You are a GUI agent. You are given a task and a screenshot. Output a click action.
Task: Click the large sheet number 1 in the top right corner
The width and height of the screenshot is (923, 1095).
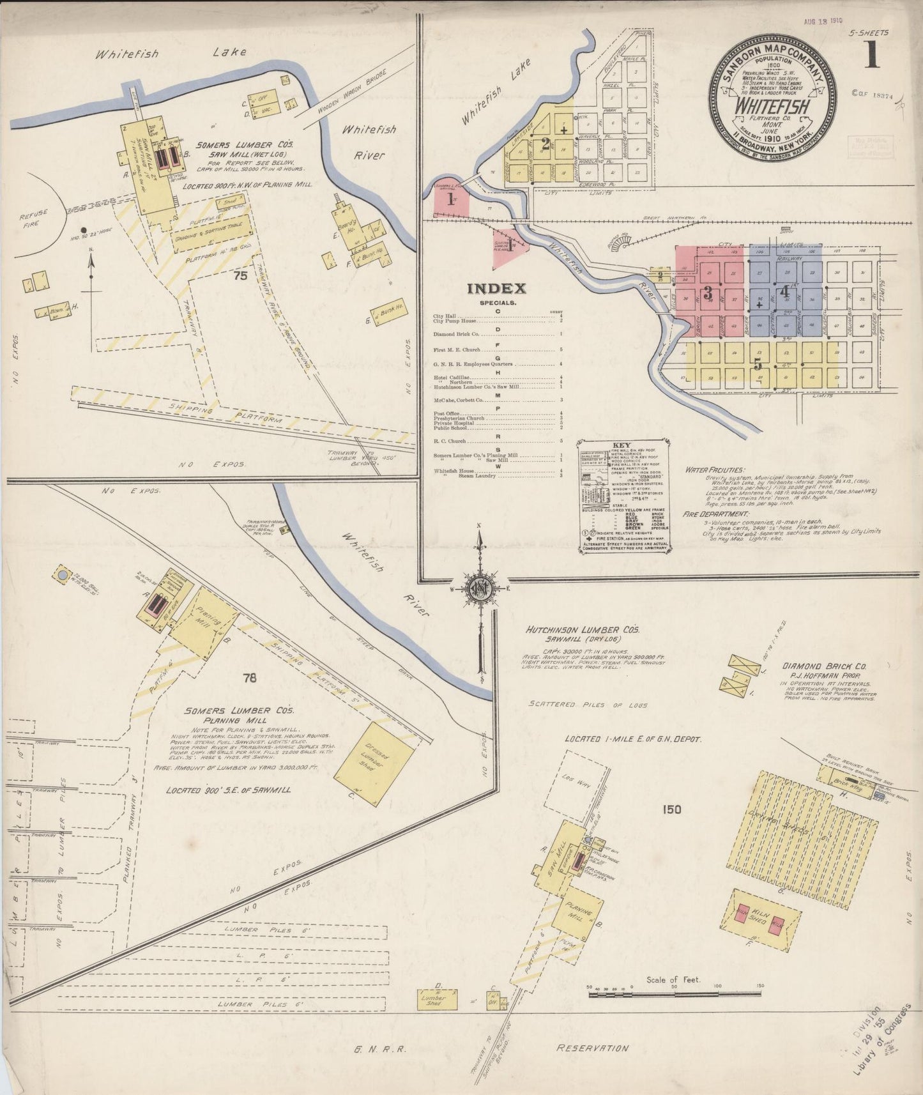[872, 55]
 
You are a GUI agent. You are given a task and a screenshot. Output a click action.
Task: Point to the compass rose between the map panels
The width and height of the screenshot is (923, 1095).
[479, 587]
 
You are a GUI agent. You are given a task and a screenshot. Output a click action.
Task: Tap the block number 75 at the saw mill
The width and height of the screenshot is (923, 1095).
[240, 276]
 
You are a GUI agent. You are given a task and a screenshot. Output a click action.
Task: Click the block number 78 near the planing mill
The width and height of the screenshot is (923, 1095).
[249, 678]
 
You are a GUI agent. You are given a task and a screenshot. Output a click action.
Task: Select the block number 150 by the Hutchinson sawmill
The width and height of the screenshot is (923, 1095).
[671, 810]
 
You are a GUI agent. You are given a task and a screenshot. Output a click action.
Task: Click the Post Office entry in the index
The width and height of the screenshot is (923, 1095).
[447, 414]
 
